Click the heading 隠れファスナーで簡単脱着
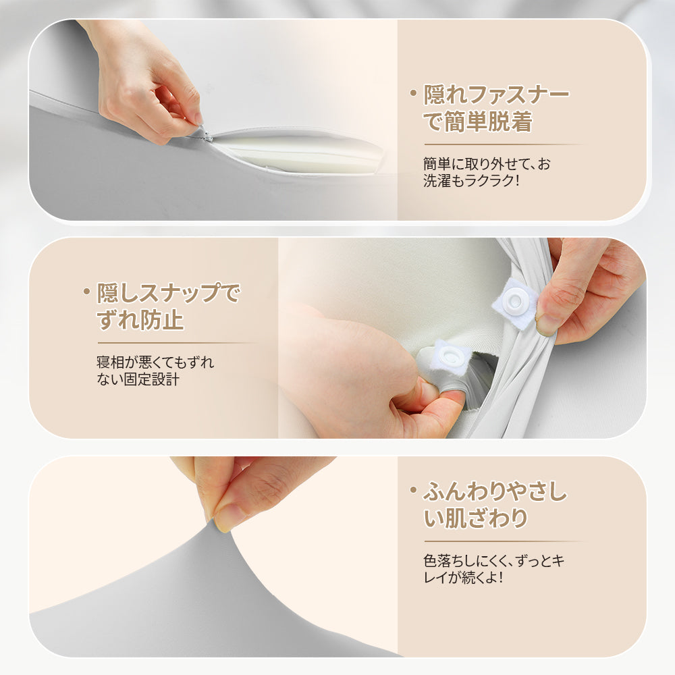point(496,108)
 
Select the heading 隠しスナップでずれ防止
point(169,306)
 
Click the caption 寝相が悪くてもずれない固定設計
point(155,371)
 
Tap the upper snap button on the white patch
point(518,297)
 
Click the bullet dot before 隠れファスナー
point(413,92)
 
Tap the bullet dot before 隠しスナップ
point(86,291)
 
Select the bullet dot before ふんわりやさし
point(413,491)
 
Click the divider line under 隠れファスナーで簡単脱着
point(503,144)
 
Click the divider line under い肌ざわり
point(503,541)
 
